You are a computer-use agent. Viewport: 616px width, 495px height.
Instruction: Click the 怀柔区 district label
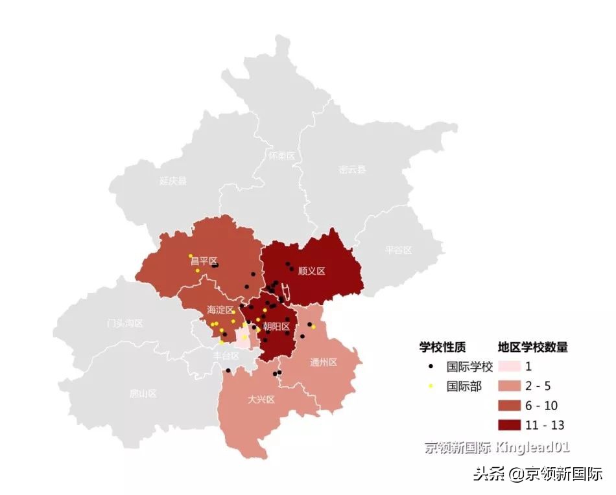click(281, 156)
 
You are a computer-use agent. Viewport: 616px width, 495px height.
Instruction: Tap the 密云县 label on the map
click(352, 170)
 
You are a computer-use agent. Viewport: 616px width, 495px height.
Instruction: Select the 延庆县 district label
click(173, 181)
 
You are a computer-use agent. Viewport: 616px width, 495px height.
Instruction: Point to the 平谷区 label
click(398, 250)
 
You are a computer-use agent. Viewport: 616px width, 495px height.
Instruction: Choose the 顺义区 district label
click(311, 271)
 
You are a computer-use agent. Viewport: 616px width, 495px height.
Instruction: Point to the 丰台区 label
click(226, 356)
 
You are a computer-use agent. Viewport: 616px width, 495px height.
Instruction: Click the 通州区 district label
click(324, 362)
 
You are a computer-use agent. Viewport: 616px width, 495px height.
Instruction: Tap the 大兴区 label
click(261, 399)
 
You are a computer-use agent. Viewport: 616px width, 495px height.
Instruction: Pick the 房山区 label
click(143, 393)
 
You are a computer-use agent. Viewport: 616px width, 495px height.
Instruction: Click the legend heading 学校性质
click(442, 347)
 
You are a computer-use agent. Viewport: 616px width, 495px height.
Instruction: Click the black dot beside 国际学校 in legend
click(431, 367)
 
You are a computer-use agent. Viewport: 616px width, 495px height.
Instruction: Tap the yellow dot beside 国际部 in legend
click(431, 386)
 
